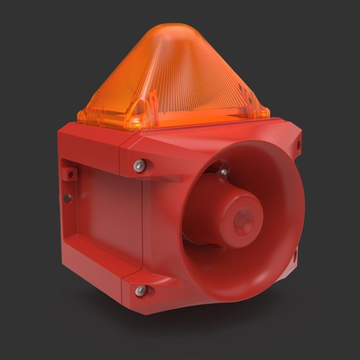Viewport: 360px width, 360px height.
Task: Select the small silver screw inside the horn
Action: pyautogui.click(x=224, y=173)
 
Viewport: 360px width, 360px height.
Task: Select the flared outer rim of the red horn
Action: pyautogui.click(x=293, y=201)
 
